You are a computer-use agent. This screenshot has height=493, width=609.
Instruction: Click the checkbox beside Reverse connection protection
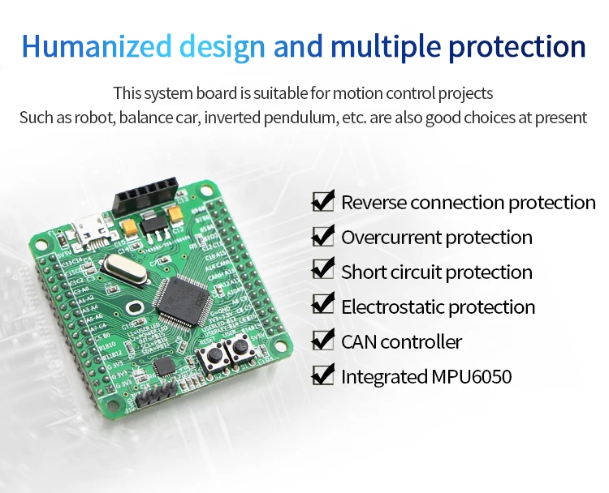[323, 201]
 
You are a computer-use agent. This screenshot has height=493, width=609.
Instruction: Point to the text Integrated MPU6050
[425, 377]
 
